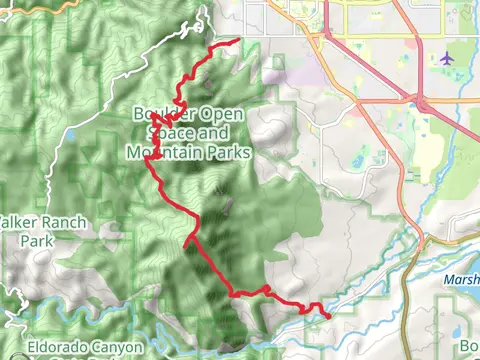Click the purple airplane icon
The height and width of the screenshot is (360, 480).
click(446, 58)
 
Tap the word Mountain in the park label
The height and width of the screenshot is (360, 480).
click(160, 153)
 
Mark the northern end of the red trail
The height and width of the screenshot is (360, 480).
click(238, 41)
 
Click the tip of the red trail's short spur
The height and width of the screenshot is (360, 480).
click(186, 240)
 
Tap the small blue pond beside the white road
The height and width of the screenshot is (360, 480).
click(71, 132)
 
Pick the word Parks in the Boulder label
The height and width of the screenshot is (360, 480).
click(227, 153)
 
